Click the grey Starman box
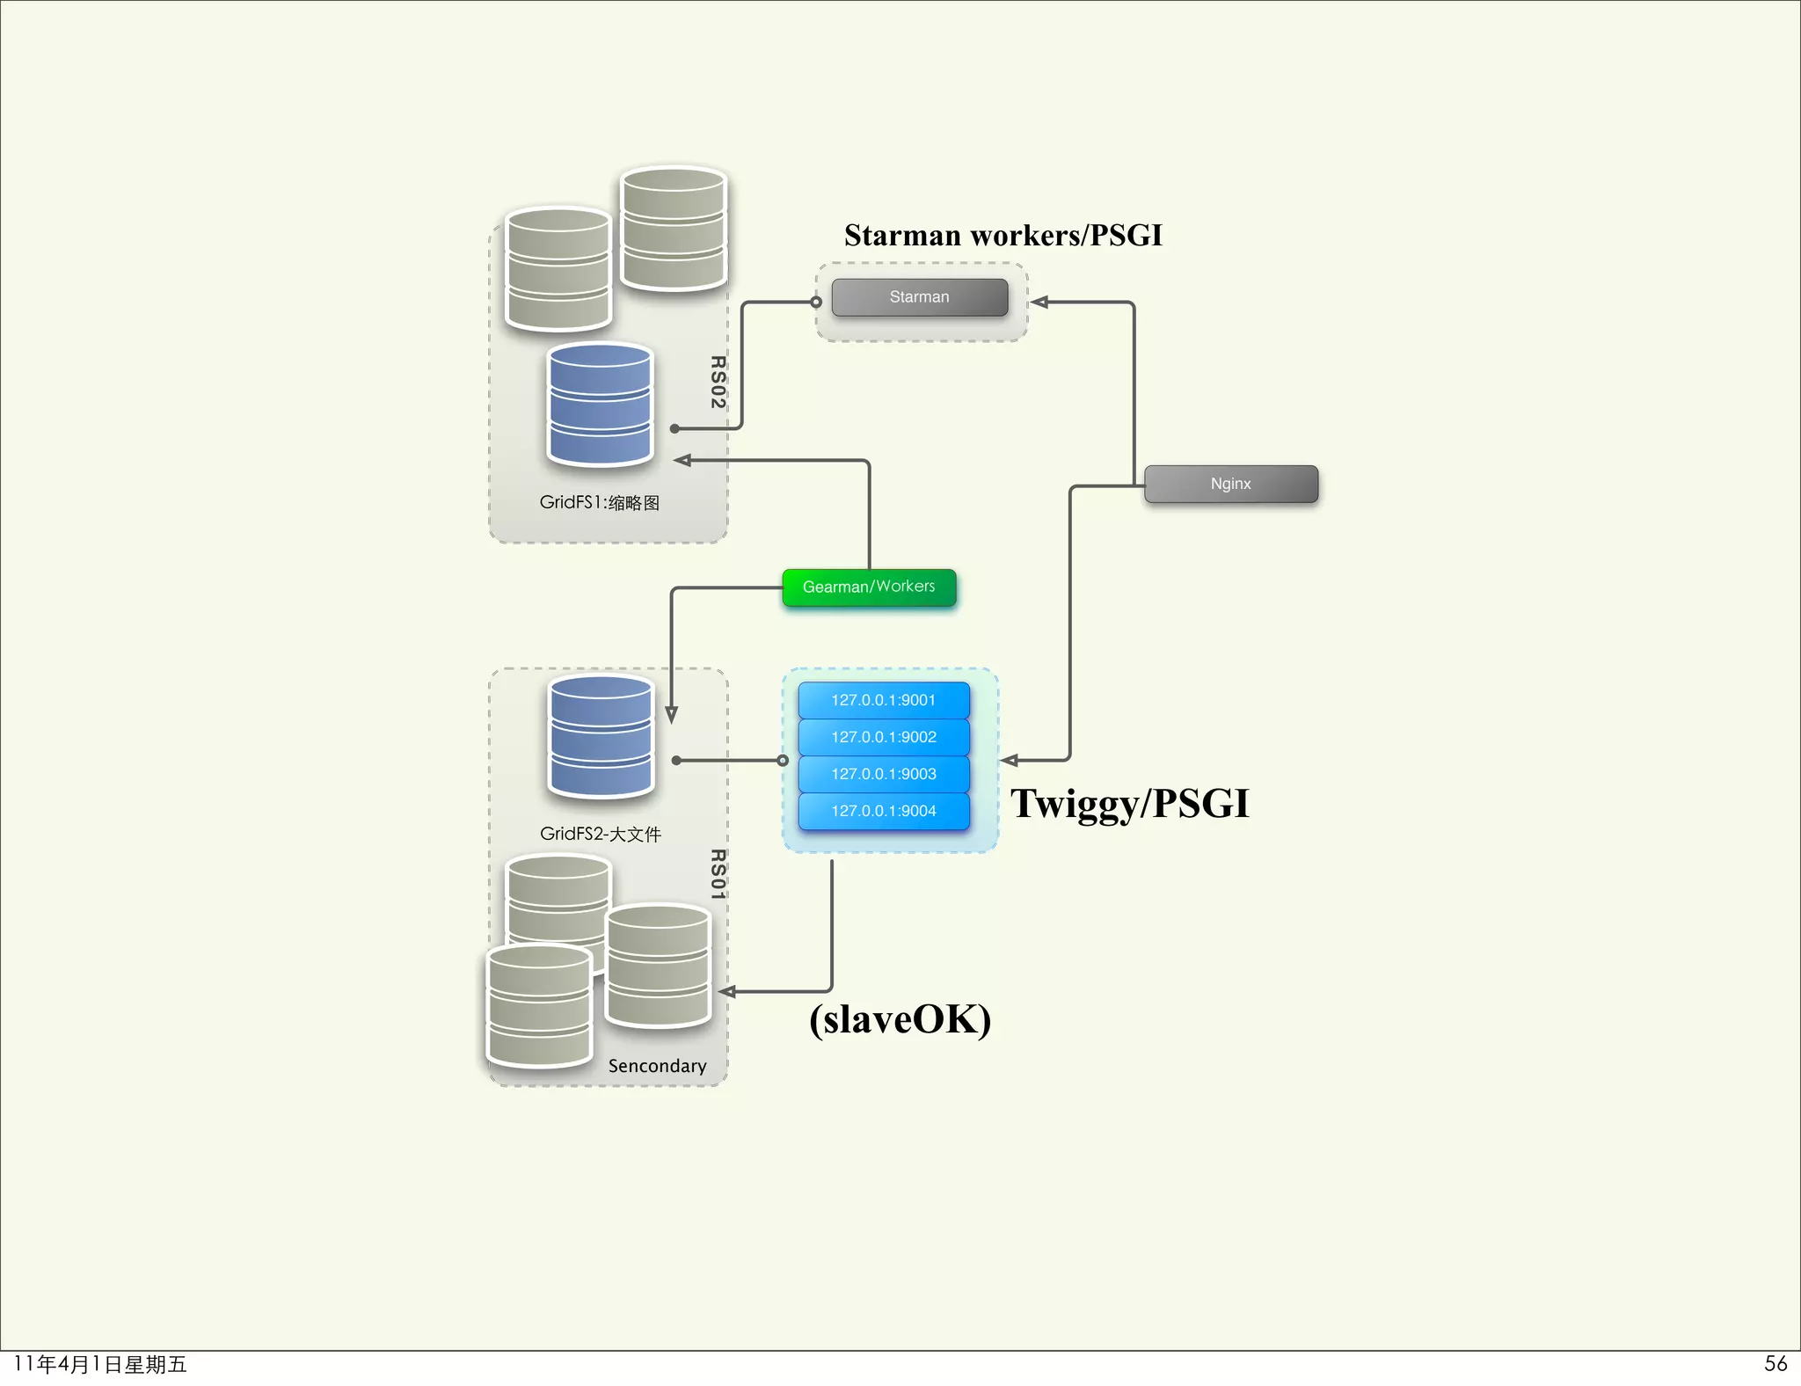coord(919,297)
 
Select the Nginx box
coord(1230,484)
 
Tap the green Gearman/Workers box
coord(869,587)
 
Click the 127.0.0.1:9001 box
coord(884,700)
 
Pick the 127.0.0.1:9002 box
coord(884,737)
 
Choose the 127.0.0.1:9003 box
coord(884,774)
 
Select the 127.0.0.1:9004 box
coord(884,811)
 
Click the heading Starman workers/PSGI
coord(1003,236)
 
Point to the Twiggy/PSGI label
coord(1129,803)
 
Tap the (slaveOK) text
coord(900,1019)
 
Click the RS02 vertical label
coord(718,382)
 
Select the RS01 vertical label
coord(718,874)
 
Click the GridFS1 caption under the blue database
coord(600,502)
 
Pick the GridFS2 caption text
coord(600,834)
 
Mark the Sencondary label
coord(657,1066)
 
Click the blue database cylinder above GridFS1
coord(600,405)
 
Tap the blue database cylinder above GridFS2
coord(601,736)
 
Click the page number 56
coord(1775,1363)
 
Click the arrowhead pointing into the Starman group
coord(1039,303)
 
